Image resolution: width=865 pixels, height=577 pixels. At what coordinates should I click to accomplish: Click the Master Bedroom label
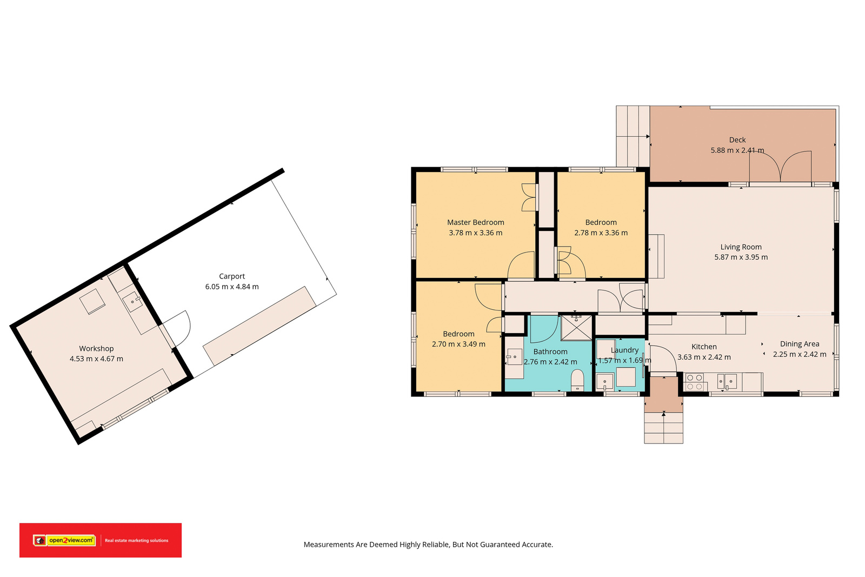tap(475, 222)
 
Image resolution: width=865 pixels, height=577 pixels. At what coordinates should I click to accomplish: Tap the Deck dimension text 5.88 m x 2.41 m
tap(737, 150)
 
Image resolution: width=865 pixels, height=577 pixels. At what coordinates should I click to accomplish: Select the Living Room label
tap(741, 247)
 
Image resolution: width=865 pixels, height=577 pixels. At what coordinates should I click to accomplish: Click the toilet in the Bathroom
tap(577, 380)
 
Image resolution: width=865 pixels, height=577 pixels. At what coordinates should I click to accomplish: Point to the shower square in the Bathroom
tap(576, 328)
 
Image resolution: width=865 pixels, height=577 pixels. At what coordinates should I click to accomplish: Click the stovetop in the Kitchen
tap(694, 382)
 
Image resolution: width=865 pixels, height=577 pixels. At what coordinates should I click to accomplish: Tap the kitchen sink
tap(727, 382)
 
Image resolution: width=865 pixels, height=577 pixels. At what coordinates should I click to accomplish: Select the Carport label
tap(232, 276)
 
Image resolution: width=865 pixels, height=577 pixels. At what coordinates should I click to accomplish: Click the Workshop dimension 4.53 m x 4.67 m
tap(96, 359)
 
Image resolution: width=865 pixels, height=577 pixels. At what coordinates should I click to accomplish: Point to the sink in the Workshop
tap(132, 302)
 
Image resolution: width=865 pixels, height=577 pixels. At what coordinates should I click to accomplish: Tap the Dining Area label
tap(800, 344)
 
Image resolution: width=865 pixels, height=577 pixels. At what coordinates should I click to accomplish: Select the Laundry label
tap(624, 350)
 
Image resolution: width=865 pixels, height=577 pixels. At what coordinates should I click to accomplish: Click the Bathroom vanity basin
tap(514, 357)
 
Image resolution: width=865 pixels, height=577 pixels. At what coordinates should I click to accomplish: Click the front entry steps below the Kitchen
tap(663, 428)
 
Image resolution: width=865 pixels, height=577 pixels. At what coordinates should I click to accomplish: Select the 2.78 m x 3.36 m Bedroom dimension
tap(601, 233)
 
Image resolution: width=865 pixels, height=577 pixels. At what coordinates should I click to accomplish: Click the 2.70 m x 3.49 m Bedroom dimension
tap(458, 344)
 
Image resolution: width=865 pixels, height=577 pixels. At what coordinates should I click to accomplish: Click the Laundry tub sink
tap(605, 382)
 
